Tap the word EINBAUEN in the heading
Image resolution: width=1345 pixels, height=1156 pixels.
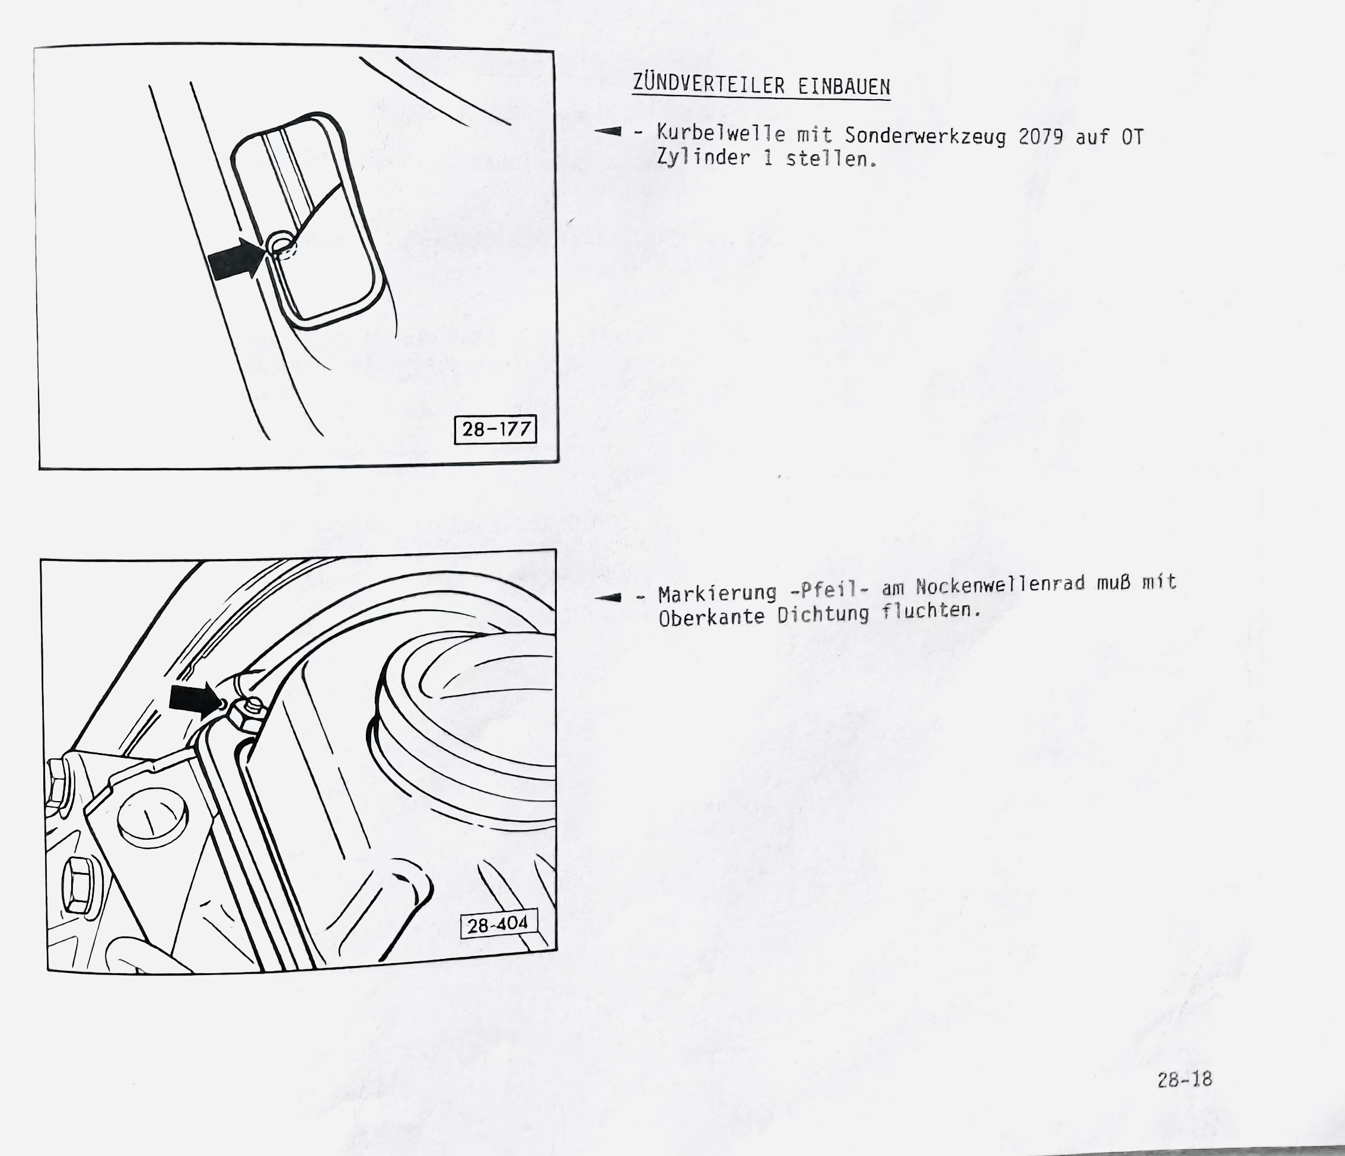(x=844, y=87)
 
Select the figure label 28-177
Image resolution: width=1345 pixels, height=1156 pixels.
(x=496, y=429)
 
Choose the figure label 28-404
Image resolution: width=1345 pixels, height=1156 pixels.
(x=499, y=923)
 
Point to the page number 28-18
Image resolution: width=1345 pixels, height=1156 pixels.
(x=1185, y=1079)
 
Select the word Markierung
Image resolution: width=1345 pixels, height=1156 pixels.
(x=718, y=593)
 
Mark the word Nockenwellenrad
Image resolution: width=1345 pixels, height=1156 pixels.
(x=1001, y=585)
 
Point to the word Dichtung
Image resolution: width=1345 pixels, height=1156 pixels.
(x=823, y=614)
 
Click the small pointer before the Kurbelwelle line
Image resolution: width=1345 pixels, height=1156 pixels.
(x=608, y=132)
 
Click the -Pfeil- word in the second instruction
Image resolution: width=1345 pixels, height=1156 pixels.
(x=829, y=590)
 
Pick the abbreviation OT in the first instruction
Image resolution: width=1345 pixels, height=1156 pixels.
(x=1132, y=137)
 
